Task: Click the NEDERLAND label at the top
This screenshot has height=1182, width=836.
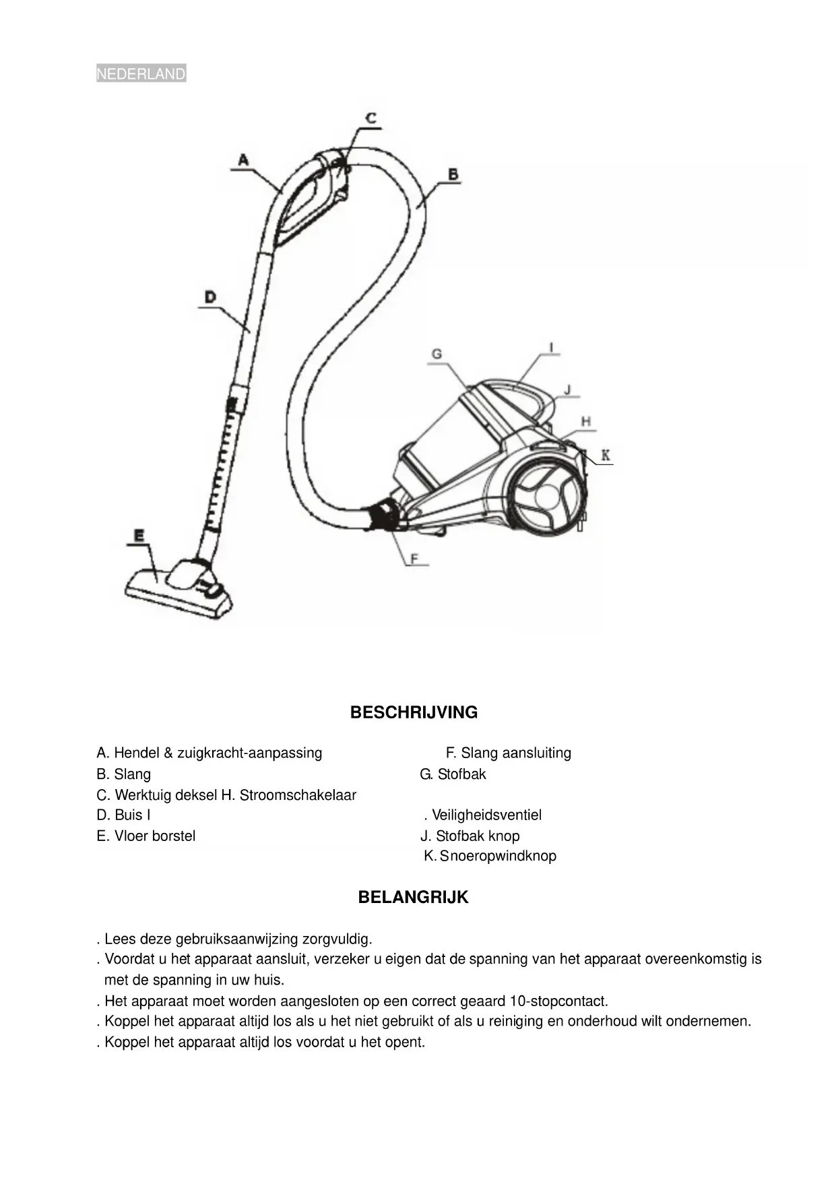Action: point(141,74)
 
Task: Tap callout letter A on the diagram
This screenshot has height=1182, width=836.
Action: point(243,160)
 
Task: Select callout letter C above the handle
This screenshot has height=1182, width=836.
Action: point(371,118)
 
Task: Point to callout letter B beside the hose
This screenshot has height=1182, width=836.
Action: point(453,174)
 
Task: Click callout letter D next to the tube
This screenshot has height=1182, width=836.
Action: point(210,297)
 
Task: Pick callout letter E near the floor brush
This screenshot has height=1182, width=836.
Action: point(139,536)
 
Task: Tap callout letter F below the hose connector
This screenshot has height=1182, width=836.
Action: point(415,558)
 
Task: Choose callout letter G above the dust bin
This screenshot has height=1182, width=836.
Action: point(437,354)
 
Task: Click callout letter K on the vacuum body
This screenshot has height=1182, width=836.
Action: point(606,456)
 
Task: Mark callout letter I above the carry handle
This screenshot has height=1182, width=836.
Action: point(552,348)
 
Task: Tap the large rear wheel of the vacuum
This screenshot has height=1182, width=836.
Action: point(546,497)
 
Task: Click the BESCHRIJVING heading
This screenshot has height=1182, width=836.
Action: point(414,712)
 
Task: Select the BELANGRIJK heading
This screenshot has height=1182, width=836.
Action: point(413,898)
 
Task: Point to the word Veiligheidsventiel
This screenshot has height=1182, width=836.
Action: point(486,815)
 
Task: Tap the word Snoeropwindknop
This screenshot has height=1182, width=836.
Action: point(498,857)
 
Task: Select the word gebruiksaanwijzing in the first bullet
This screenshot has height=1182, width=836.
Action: point(237,939)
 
